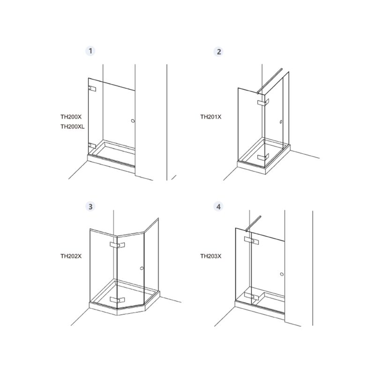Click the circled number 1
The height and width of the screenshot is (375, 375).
click(90, 51)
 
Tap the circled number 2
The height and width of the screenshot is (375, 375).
click(218, 52)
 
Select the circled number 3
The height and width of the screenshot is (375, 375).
click(90, 207)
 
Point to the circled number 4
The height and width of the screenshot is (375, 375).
click(218, 207)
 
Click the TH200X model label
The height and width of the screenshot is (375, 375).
click(71, 117)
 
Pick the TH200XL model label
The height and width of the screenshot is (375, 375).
click(73, 127)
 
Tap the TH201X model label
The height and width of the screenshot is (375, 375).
click(211, 117)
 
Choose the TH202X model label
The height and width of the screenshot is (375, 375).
click(71, 256)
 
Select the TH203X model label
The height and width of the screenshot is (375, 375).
click(211, 256)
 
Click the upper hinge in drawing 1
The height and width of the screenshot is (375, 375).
click(92, 89)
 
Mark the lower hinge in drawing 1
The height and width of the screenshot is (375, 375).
click(92, 146)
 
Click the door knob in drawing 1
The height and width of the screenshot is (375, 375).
click(133, 121)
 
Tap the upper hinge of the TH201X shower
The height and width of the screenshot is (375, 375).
click(263, 102)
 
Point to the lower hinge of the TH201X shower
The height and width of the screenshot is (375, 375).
click(263, 157)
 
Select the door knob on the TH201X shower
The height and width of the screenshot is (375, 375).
click(281, 122)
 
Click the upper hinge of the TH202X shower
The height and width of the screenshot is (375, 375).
click(117, 245)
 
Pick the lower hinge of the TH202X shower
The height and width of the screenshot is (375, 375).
click(117, 300)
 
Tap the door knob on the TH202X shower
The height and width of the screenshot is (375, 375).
click(142, 268)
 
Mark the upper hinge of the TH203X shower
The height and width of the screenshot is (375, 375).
click(251, 240)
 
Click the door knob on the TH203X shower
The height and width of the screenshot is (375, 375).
click(282, 274)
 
